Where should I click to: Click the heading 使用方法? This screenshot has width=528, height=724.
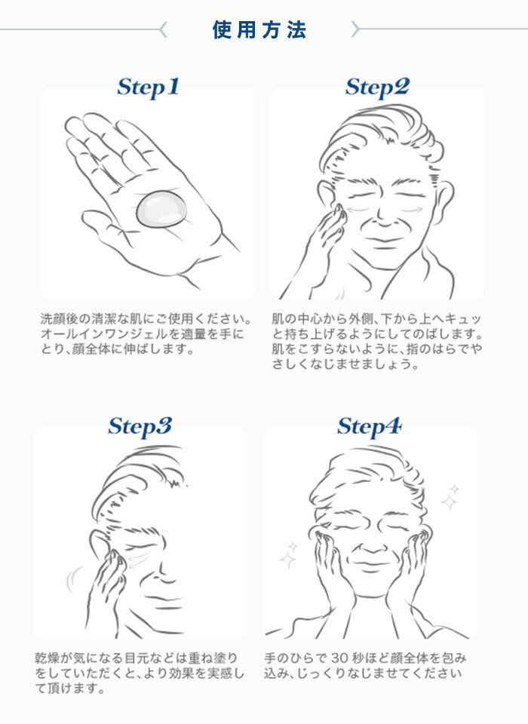[259, 29]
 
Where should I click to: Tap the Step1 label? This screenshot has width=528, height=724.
[148, 87]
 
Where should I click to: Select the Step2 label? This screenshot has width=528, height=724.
[377, 87]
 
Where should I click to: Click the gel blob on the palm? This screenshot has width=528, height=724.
[161, 210]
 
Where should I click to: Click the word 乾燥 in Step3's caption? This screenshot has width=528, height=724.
[48, 658]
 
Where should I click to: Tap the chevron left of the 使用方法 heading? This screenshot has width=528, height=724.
[163, 29]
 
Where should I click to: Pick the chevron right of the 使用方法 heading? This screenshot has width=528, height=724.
[355, 29]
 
